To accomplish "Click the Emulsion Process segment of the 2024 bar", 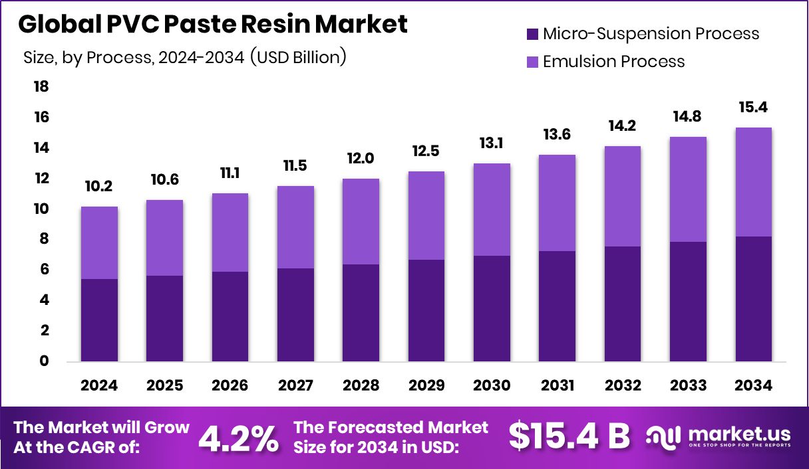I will point(99,242).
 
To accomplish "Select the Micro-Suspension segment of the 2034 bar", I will point(754,299).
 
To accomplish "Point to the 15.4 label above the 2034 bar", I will point(754,108).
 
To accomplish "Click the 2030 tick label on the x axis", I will point(492,386).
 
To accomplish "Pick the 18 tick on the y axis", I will point(41,87).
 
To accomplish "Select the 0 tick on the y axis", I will point(45,361).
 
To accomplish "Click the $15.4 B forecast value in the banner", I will point(569,436).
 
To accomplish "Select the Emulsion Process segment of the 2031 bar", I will point(558,203).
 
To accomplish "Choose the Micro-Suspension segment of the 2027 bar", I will point(295,315).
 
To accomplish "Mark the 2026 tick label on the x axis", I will point(230,386).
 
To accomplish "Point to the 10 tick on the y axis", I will point(41,209).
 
